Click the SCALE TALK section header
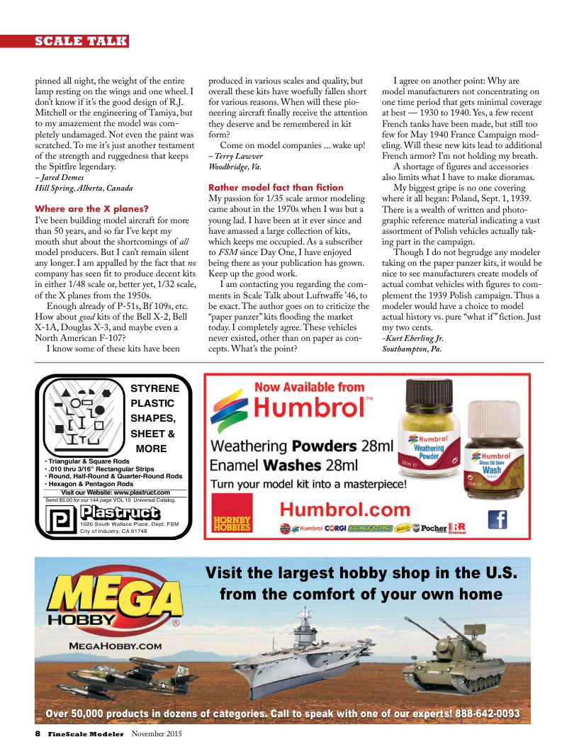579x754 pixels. tap(81, 41)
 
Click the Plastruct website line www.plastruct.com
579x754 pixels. tap(116, 492)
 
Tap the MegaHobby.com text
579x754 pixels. tap(106, 646)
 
